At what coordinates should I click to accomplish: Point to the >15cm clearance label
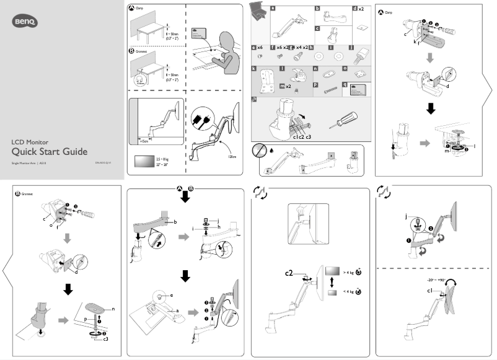point(144,141)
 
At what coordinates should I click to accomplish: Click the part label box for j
point(352,47)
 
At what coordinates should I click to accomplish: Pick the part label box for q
point(344,85)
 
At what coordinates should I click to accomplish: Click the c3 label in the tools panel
point(308,136)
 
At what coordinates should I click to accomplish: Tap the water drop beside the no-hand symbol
point(272,149)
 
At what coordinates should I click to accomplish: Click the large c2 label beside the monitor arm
point(289,272)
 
